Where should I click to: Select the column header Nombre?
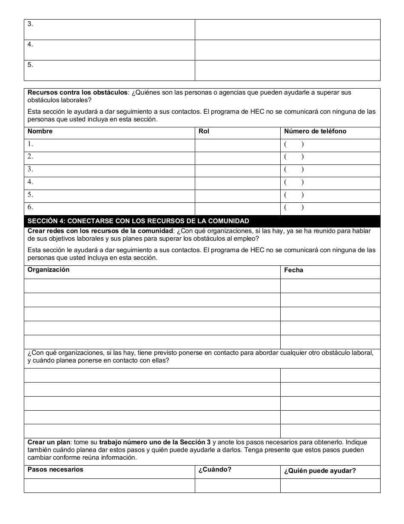point(40,131)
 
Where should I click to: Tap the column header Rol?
point(204,131)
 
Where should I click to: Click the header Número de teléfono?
point(315,131)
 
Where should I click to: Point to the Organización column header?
point(48,270)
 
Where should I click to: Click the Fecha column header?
point(293,270)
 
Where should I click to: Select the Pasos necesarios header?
point(55,469)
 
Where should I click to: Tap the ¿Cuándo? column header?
point(215,469)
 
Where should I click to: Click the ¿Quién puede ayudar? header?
point(320,471)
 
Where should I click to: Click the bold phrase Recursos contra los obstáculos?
point(77,92)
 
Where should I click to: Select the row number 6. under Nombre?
point(30,207)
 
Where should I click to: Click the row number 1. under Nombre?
point(30,144)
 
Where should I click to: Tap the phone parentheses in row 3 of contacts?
point(294,170)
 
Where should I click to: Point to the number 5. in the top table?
point(30,65)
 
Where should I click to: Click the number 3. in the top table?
point(30,24)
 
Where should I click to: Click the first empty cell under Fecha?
point(330,286)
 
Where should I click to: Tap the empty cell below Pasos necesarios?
point(109,486)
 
